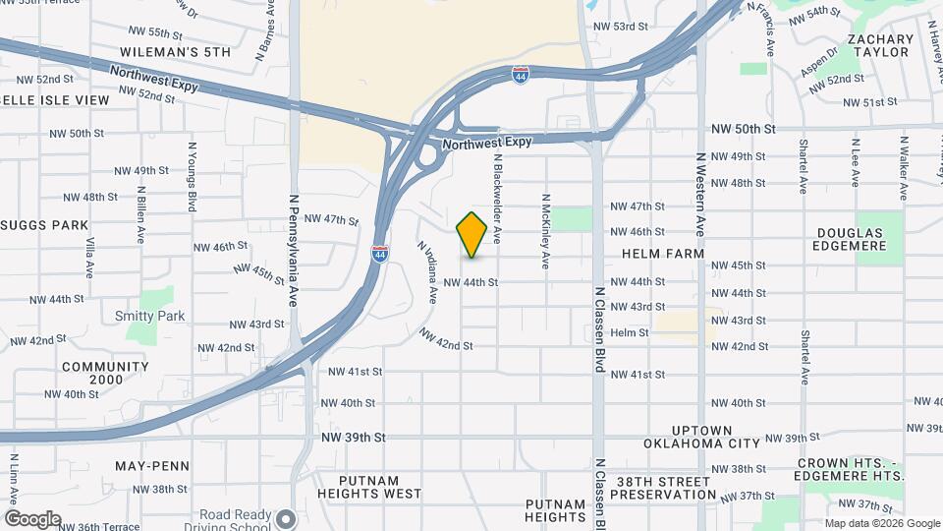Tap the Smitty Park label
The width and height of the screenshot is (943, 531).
[x=149, y=316]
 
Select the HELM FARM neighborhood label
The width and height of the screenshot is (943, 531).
[x=663, y=254]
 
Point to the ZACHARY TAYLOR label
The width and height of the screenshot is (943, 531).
[x=877, y=45]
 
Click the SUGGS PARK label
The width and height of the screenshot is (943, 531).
[x=45, y=225]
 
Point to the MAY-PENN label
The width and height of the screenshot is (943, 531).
[x=144, y=465]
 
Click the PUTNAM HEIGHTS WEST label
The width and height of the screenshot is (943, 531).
[x=369, y=494]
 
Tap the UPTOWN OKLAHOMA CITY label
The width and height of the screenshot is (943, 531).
[x=702, y=437]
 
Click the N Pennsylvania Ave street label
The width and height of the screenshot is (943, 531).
[x=293, y=251]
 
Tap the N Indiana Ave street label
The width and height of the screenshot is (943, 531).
[x=427, y=271]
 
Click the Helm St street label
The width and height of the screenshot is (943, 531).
[x=630, y=333]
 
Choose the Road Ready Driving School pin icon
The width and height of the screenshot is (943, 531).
[x=286, y=518]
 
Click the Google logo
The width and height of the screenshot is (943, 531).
[x=32, y=519]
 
